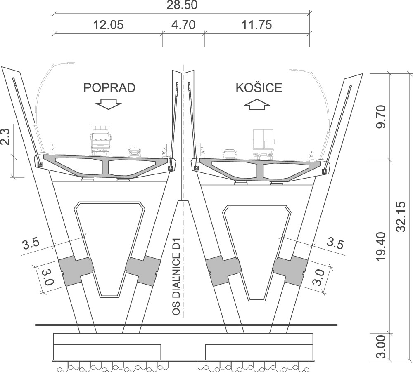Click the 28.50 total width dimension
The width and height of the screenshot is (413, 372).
[182, 5]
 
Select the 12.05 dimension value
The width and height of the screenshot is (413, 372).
[108, 25]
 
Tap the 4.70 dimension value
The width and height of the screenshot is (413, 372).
[183, 25]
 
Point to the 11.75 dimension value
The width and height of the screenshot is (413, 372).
[256, 25]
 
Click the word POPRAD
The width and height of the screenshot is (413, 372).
[109, 88]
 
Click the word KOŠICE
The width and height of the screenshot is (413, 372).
[259, 88]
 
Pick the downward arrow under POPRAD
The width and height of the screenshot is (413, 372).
[109, 104]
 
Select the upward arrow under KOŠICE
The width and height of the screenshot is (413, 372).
[257, 104]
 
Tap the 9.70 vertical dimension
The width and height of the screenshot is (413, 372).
[381, 117]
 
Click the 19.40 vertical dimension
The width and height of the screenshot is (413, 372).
[381, 247]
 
